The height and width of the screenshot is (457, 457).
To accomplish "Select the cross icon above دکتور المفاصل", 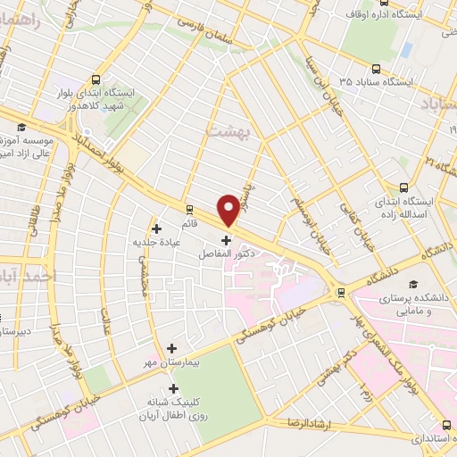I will (x=225, y=239).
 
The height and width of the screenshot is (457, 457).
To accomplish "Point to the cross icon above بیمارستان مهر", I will (x=171, y=348).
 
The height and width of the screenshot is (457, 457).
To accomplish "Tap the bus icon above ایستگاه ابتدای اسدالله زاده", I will (x=404, y=188).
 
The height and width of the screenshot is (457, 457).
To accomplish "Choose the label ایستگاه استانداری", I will (x=418, y=439).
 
